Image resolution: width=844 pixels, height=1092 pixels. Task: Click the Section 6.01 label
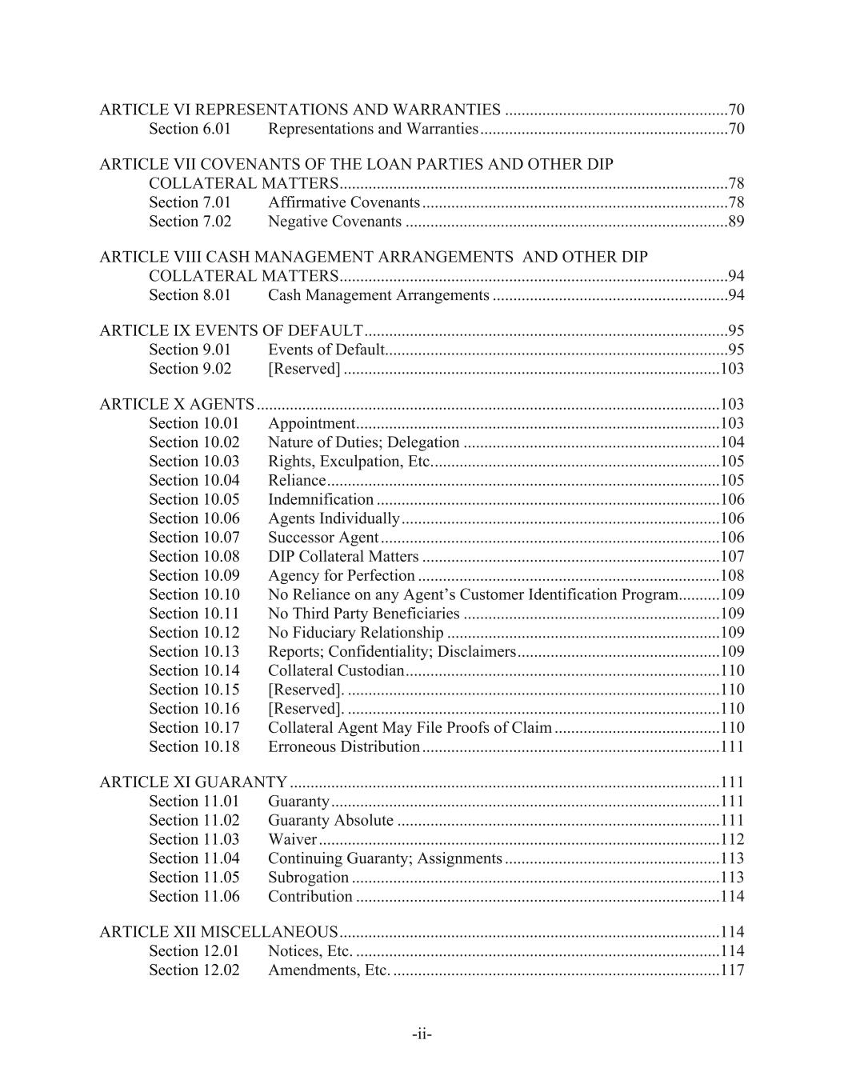tap(190, 129)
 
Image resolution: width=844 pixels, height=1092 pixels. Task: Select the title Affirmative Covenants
tap(343, 202)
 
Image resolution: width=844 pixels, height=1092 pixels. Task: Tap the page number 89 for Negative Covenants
tap(736, 222)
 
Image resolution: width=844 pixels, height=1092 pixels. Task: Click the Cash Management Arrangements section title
tap(378, 295)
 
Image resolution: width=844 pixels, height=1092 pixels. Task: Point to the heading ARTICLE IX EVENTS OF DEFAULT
tap(230, 330)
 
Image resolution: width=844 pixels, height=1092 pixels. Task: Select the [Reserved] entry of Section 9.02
tap(304, 369)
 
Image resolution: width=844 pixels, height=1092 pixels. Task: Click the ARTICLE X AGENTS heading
tap(177, 404)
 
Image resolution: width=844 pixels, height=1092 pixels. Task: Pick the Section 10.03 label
tap(194, 462)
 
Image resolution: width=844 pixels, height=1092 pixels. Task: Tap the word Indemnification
tap(320, 500)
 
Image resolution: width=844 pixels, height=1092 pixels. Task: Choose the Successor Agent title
tap(323, 538)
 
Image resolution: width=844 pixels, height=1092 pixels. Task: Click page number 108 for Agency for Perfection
tap(732, 575)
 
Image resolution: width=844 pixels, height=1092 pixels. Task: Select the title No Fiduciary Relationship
tap(355, 633)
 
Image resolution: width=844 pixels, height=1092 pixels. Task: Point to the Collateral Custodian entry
tap(335, 670)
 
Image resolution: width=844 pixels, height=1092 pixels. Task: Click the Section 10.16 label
tap(194, 709)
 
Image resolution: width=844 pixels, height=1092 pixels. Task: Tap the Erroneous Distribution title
tap(343, 746)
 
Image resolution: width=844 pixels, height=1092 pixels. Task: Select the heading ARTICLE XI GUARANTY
tap(193, 782)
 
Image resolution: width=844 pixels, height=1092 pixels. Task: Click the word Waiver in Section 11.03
tap(293, 839)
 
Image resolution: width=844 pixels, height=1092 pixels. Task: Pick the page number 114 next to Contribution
tap(732, 896)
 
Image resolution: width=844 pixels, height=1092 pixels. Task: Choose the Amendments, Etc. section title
tap(328, 970)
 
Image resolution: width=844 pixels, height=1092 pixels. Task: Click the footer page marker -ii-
tap(422, 1034)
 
